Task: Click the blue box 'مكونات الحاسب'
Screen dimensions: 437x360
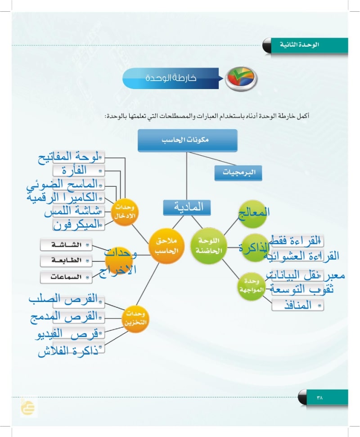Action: point(187,140)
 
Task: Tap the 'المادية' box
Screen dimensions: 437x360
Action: point(186,207)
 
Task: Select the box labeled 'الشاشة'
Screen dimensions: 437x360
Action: point(66,245)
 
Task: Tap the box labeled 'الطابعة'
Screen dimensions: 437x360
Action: point(66,261)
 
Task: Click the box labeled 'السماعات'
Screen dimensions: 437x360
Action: point(66,277)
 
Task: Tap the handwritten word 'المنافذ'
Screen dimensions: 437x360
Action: point(298,306)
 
